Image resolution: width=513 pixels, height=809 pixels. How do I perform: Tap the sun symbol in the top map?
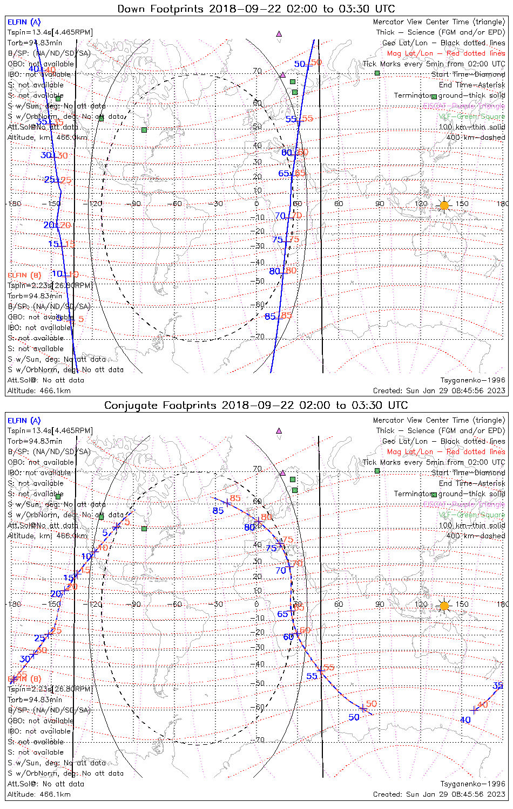(x=444, y=205)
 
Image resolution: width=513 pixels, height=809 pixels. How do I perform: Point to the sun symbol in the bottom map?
(x=444, y=606)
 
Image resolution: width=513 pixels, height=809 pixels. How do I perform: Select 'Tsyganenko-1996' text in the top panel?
(x=473, y=380)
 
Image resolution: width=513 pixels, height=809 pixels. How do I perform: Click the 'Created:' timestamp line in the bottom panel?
(x=439, y=794)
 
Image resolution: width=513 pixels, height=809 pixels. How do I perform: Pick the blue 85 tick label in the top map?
(x=270, y=317)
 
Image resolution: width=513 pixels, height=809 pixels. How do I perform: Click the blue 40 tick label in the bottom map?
(x=465, y=719)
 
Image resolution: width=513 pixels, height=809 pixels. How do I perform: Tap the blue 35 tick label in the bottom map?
(x=498, y=685)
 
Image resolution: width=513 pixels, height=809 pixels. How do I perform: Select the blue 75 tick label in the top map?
(x=278, y=240)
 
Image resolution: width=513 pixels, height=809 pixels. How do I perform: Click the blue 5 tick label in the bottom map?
(x=105, y=533)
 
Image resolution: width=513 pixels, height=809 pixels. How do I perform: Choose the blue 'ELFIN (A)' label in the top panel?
(x=24, y=22)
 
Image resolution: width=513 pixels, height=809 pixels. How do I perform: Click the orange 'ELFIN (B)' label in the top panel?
(x=24, y=275)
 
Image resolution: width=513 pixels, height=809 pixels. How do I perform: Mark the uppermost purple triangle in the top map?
(x=279, y=33)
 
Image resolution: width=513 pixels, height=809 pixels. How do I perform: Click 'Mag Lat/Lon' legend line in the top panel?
(x=446, y=53)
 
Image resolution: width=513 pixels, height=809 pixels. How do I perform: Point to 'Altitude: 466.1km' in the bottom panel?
(x=39, y=794)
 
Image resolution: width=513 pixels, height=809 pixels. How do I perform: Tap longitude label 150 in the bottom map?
(x=462, y=604)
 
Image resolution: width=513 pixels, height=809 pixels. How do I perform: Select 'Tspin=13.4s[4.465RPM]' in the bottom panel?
(x=50, y=430)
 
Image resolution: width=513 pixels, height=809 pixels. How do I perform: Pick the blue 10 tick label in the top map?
(x=57, y=273)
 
